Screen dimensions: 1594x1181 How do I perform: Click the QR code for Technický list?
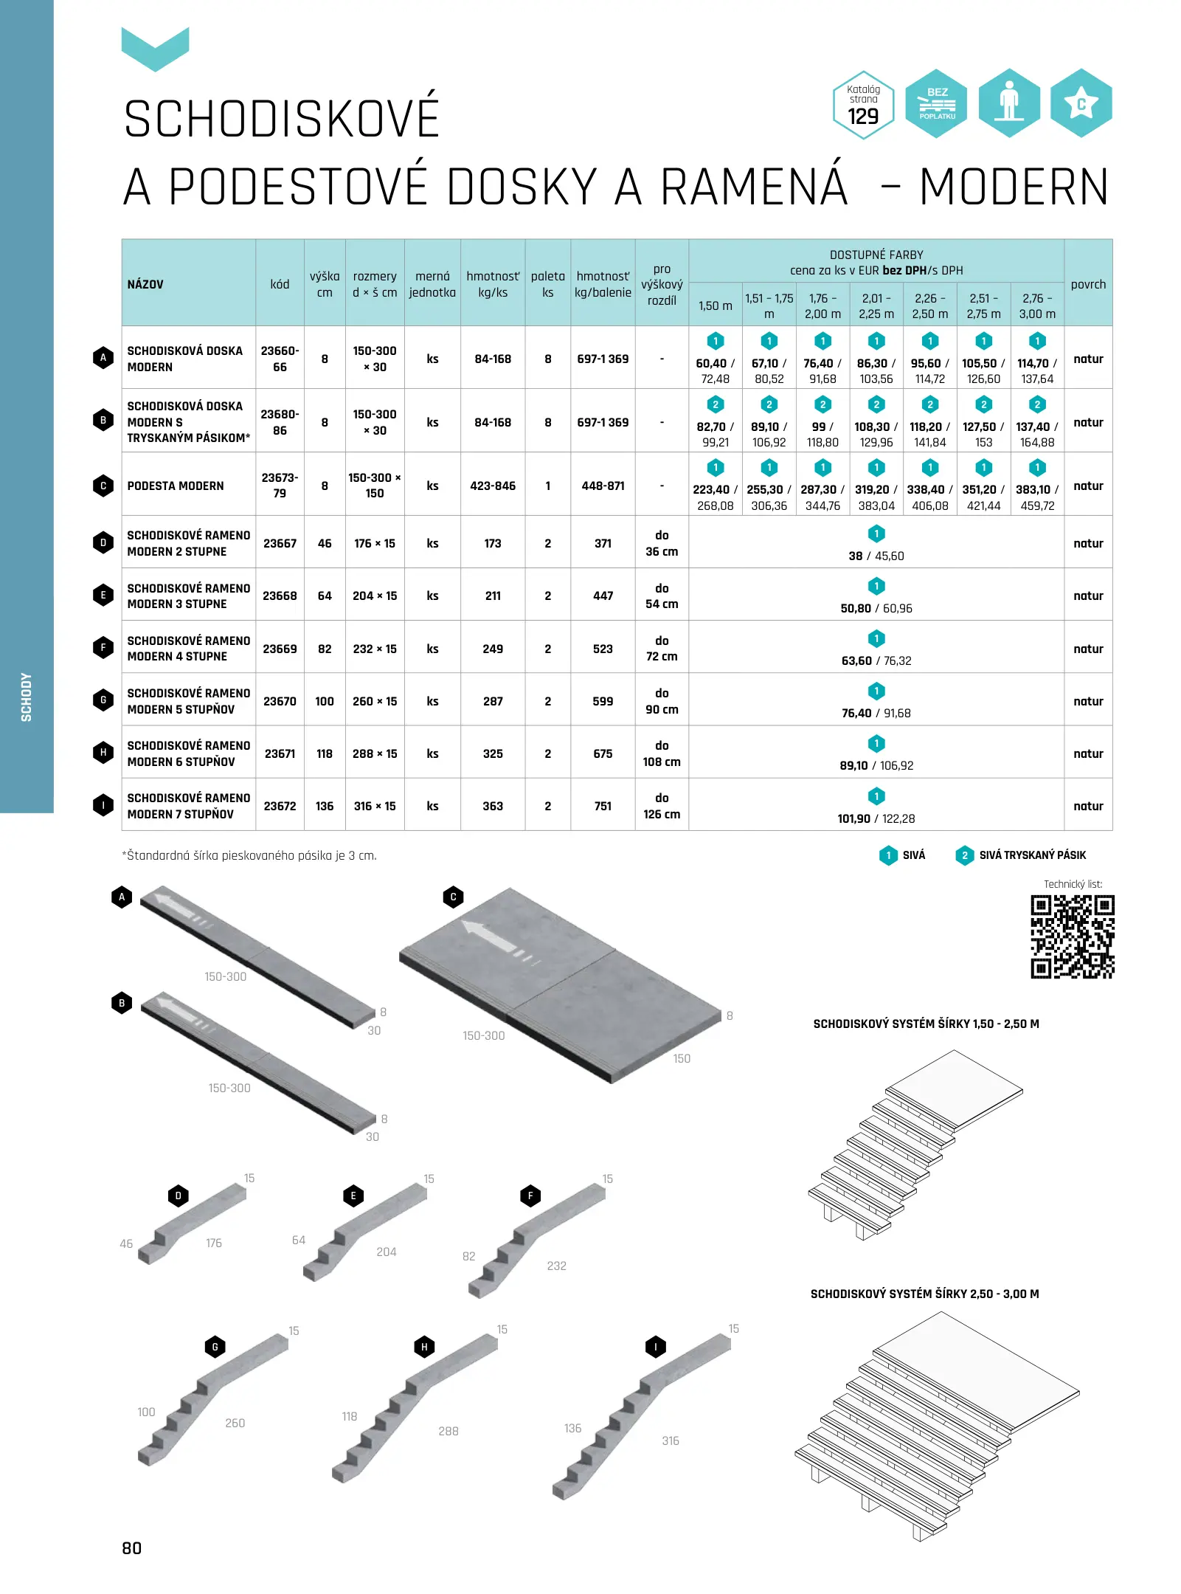[1072, 936]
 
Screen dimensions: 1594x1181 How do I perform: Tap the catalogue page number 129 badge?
[863, 105]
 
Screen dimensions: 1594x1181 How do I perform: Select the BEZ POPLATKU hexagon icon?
[937, 104]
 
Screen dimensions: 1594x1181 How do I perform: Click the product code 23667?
[280, 543]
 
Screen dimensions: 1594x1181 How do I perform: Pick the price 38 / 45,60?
[876, 556]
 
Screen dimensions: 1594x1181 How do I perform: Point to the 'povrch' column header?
[1088, 284]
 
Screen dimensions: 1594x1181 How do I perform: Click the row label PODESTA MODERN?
[176, 486]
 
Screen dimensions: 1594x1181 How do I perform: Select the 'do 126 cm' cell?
[662, 806]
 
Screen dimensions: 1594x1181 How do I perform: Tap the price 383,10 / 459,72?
[1037, 497]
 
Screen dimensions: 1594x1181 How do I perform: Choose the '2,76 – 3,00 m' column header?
[1037, 306]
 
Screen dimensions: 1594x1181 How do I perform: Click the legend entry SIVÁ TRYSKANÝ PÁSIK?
[1031, 855]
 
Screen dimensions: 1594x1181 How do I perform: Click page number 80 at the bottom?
[132, 1548]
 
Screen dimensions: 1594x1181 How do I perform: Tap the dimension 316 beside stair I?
[671, 1441]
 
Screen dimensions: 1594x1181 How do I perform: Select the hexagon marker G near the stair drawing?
[215, 1347]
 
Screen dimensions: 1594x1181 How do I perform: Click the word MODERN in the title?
[1014, 187]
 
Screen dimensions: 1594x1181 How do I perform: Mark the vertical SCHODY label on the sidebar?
[27, 697]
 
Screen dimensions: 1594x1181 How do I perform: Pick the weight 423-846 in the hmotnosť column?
[493, 486]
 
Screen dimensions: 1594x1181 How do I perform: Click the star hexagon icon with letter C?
[1081, 104]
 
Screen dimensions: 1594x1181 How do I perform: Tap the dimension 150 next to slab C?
[682, 1058]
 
